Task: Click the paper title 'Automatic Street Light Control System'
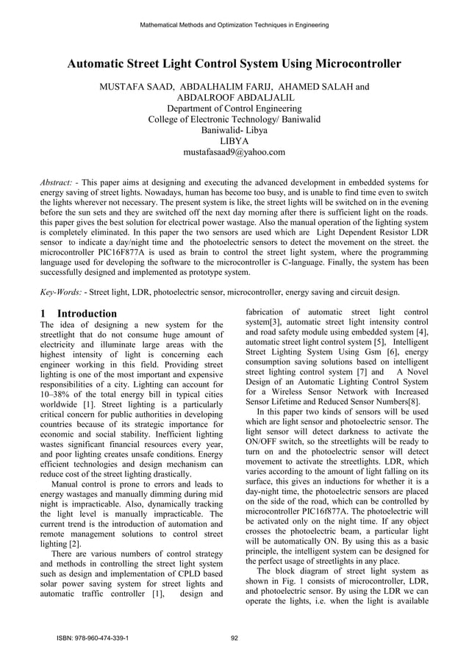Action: (x=234, y=64)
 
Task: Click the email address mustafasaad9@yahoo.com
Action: (x=234, y=153)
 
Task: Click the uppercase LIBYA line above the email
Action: (x=234, y=141)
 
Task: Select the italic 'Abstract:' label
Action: (x=59, y=181)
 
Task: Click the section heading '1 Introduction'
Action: (x=79, y=313)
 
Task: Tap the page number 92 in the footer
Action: (x=234, y=638)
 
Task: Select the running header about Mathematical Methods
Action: (x=234, y=25)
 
